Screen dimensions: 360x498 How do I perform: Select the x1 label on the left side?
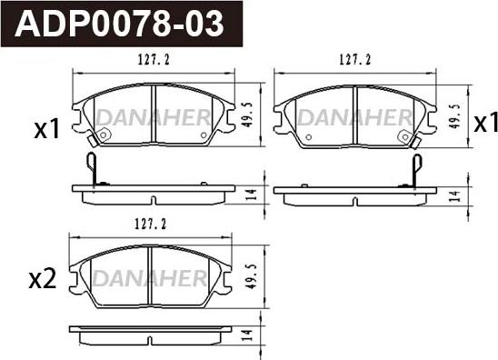[45, 131]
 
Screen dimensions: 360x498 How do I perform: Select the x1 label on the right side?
[484, 123]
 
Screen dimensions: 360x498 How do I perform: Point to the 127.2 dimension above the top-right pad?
[354, 59]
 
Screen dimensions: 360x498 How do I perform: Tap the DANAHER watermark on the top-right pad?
[354, 115]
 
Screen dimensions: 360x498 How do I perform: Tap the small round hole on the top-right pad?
[308, 138]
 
